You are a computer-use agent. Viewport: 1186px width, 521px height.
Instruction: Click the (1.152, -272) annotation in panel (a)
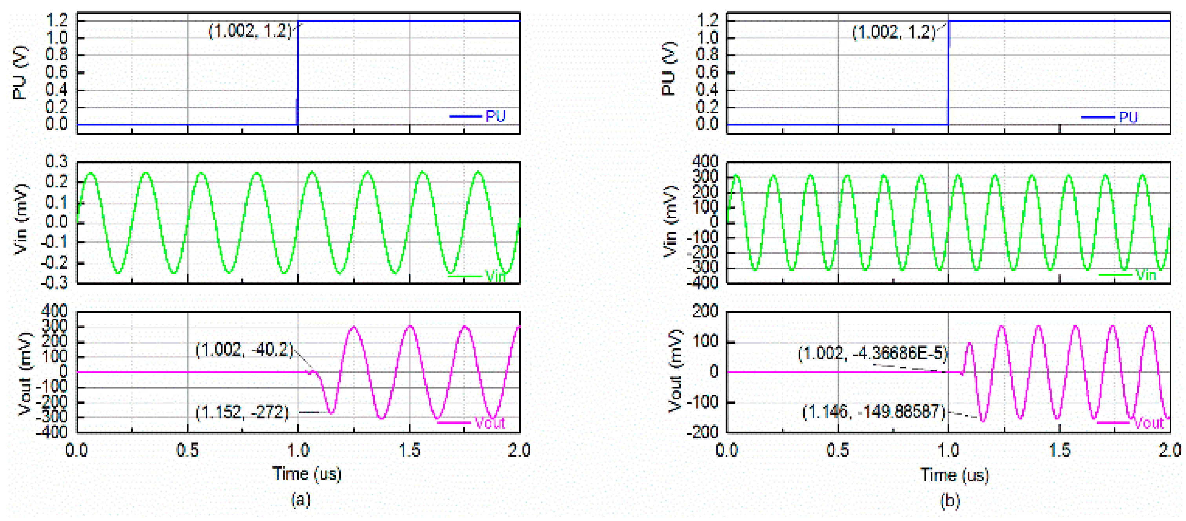point(242,412)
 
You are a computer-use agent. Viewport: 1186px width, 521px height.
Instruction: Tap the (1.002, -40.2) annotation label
point(244,350)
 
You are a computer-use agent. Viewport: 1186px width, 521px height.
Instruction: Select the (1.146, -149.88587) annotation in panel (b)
point(873,411)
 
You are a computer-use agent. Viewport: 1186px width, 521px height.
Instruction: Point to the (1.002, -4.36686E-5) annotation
point(873,353)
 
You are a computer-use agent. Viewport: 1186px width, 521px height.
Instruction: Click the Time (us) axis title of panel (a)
point(307,473)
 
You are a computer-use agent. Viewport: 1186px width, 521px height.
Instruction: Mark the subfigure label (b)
point(950,501)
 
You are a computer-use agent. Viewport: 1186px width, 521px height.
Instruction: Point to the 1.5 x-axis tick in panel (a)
point(409,450)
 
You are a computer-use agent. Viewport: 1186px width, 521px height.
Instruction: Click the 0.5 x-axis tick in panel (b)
point(838,450)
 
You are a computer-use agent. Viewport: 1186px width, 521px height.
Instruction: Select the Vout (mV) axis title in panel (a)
point(26,373)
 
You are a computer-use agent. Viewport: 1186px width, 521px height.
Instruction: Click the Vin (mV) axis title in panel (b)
point(670,221)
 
